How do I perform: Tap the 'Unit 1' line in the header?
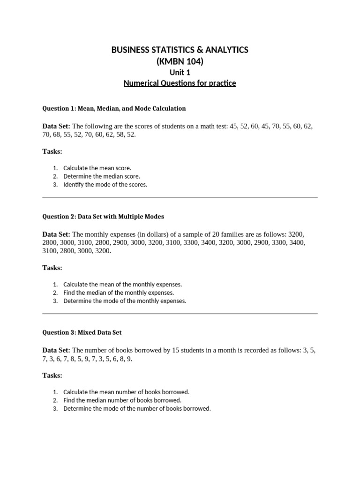(x=180, y=73)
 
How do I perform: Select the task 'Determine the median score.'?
(x=102, y=176)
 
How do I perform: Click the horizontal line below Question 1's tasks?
(x=180, y=197)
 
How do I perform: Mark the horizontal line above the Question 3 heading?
(x=180, y=314)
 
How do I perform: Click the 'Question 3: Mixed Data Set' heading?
(x=82, y=332)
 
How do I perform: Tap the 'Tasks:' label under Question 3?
(x=52, y=375)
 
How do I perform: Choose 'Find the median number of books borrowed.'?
(x=122, y=400)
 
